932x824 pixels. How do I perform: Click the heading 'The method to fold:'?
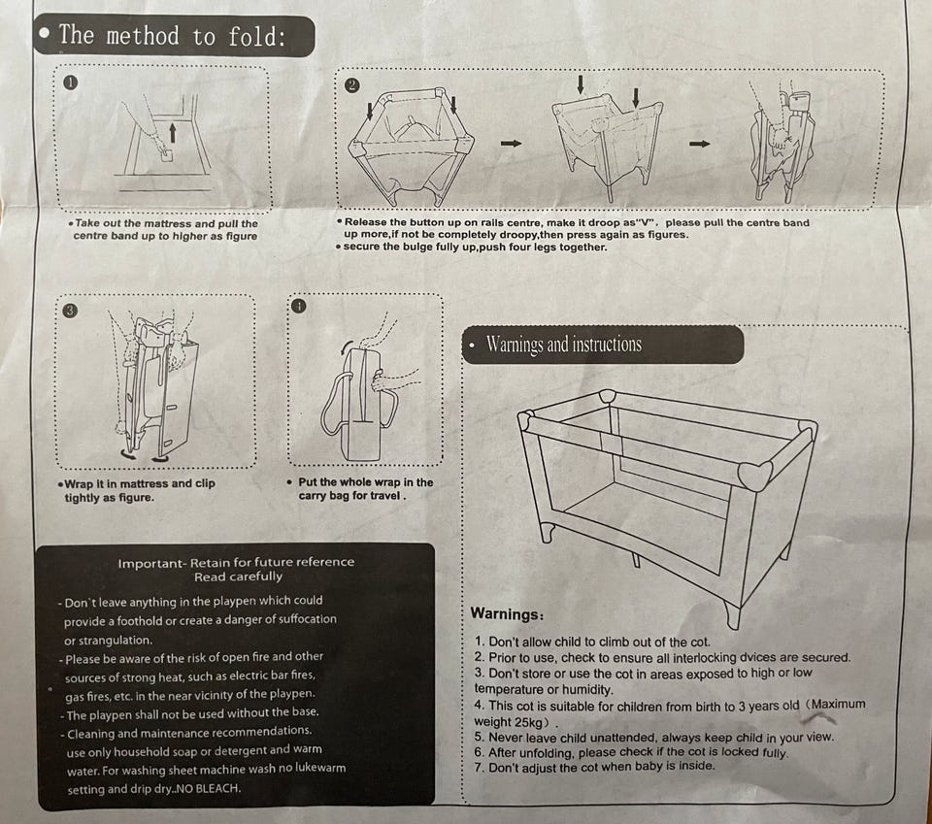[173, 36]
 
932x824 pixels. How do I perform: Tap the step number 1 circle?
[70, 82]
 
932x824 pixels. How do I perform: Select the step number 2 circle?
[351, 85]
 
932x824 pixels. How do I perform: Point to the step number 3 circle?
[70, 311]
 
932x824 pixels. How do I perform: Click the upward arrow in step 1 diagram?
[173, 133]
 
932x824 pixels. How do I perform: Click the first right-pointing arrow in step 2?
[512, 144]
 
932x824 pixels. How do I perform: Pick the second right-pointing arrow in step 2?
[700, 144]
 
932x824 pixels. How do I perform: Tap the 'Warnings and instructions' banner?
[603, 345]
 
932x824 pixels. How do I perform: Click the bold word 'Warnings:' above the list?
[507, 613]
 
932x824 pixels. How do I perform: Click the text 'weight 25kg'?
[509, 722]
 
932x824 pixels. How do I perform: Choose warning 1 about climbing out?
[592, 642]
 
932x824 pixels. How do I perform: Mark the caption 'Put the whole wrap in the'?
[366, 482]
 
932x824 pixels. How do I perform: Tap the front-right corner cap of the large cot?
[755, 475]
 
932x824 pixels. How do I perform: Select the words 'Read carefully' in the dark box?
[238, 577]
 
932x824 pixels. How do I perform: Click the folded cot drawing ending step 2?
[784, 146]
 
